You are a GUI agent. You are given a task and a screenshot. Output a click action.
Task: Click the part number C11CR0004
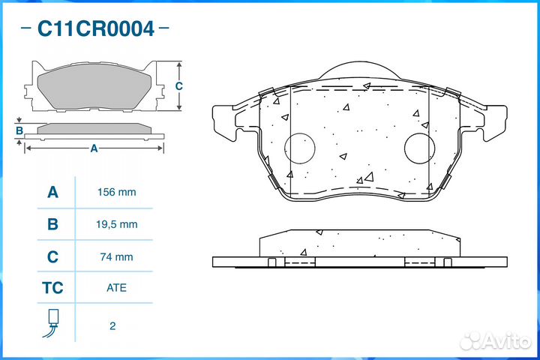[96, 29]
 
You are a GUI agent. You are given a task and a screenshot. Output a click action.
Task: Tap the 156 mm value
[116, 192]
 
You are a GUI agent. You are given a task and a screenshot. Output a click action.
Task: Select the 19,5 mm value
[116, 224]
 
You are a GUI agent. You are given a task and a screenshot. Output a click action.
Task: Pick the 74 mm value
[116, 256]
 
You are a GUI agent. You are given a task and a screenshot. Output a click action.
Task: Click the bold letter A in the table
[53, 192]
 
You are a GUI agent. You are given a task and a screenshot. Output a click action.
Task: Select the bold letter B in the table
[53, 224]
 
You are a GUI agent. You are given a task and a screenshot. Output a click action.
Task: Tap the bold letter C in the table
[53, 256]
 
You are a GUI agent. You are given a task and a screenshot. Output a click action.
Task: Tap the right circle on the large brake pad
[419, 148]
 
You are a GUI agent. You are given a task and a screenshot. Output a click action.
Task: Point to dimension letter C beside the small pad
[178, 86]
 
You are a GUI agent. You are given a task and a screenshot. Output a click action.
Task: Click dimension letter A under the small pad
[94, 148]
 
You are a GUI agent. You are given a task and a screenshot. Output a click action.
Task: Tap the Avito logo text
[507, 341]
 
